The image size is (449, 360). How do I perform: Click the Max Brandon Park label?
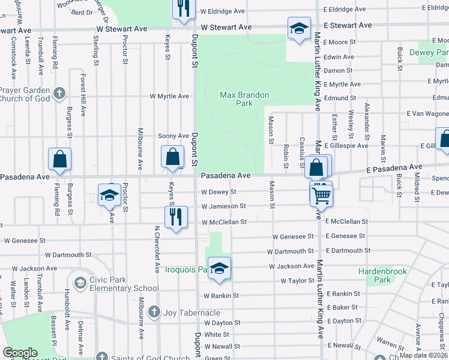244,99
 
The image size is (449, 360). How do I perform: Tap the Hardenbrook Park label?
382,275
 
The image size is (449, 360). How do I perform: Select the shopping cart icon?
321,194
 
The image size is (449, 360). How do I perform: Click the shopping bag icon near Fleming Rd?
60,160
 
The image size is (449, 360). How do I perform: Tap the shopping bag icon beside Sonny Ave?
172,157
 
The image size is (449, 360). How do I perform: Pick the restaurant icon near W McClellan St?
175,218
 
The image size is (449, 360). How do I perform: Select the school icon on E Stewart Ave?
298,29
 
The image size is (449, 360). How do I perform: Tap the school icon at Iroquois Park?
220,269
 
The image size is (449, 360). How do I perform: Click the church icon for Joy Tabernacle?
154,312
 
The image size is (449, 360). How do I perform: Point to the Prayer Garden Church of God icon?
58,94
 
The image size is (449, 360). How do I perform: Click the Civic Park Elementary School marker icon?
79,283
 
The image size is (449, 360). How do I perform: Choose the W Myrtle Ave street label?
169,96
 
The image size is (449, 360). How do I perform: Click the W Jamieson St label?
224,206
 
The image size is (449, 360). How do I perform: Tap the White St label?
212,334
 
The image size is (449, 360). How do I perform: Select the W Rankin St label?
221,296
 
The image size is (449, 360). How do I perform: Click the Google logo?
20,353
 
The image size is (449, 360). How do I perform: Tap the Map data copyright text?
424,355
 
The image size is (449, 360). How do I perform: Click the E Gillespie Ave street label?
346,146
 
